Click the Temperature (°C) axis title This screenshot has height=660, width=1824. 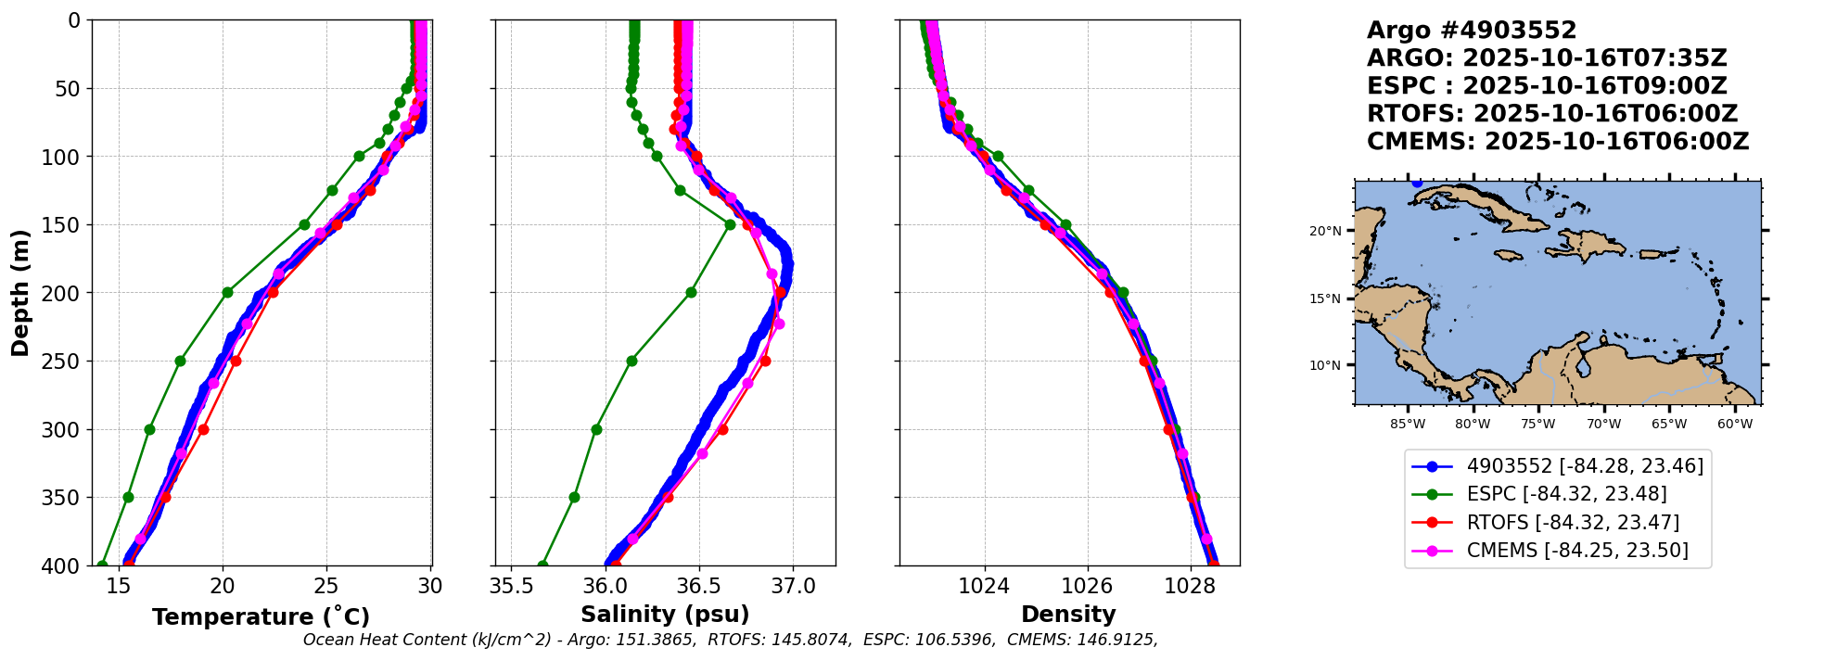[x=261, y=617]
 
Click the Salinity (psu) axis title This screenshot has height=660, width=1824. [x=665, y=615]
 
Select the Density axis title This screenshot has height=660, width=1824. [x=1068, y=615]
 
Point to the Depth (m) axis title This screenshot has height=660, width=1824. [x=20, y=293]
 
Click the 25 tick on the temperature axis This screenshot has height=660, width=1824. [x=326, y=586]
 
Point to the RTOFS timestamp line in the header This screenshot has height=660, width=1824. [x=1552, y=114]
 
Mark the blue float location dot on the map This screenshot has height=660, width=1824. [x=1417, y=183]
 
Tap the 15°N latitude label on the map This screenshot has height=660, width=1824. [x=1325, y=298]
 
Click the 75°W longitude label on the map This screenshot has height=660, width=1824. [x=1537, y=425]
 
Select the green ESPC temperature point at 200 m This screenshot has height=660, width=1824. [x=227, y=293]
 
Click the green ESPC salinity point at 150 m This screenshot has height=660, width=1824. [x=730, y=224]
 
